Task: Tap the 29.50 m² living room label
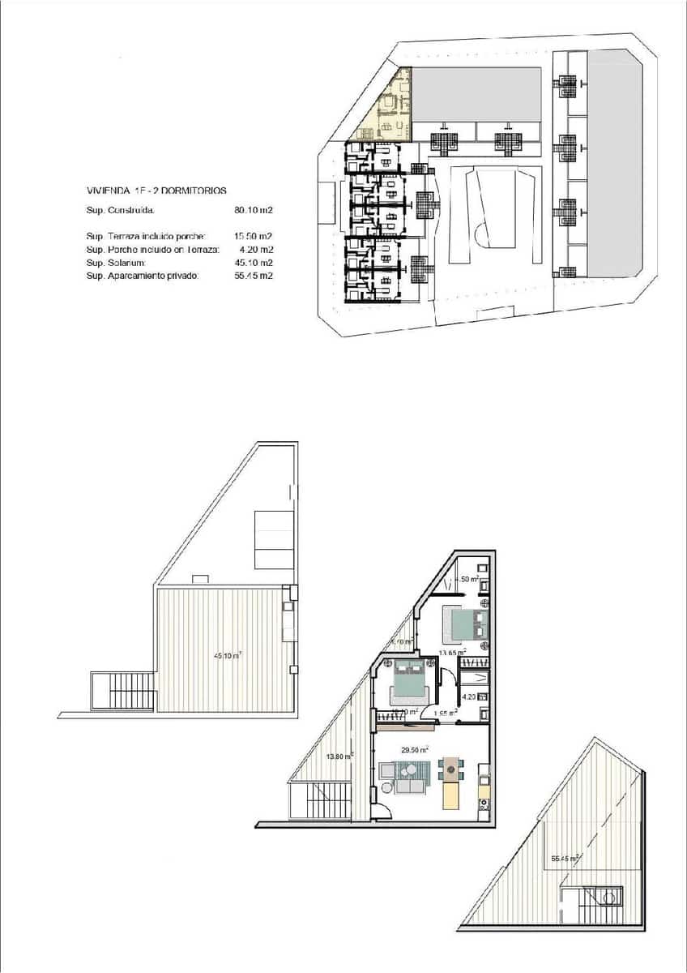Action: click(416, 750)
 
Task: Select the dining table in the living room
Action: click(450, 769)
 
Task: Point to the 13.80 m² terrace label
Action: click(339, 757)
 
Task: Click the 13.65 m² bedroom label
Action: click(451, 653)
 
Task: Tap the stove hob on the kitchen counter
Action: click(484, 804)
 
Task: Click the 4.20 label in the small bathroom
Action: click(468, 696)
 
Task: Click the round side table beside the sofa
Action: click(386, 787)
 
